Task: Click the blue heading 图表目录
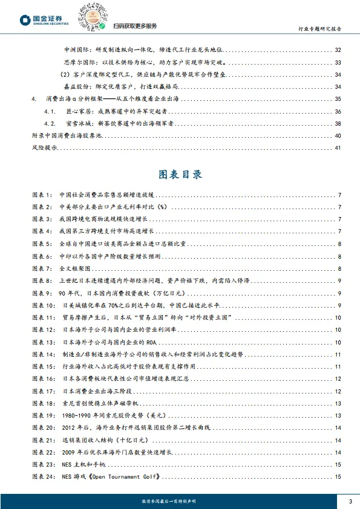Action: click(180, 175)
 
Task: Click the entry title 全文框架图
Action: click(74, 268)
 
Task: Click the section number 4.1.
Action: click(51, 111)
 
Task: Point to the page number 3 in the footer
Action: click(350, 501)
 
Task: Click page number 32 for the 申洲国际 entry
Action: click(338, 50)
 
